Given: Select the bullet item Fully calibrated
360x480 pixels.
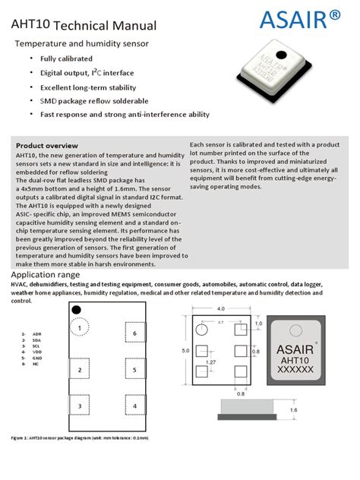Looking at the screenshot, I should (66, 58).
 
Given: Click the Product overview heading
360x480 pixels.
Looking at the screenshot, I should (46, 145).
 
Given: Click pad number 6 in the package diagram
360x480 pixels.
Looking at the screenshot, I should (134, 333).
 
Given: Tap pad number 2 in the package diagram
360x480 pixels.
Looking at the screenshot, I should (79, 370).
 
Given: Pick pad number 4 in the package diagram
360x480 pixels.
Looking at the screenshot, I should (134, 406).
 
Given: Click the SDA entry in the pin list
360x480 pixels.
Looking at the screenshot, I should (36, 339).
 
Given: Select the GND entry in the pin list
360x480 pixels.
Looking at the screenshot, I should (37, 358).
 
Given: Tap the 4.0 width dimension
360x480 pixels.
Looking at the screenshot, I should (221, 309).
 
